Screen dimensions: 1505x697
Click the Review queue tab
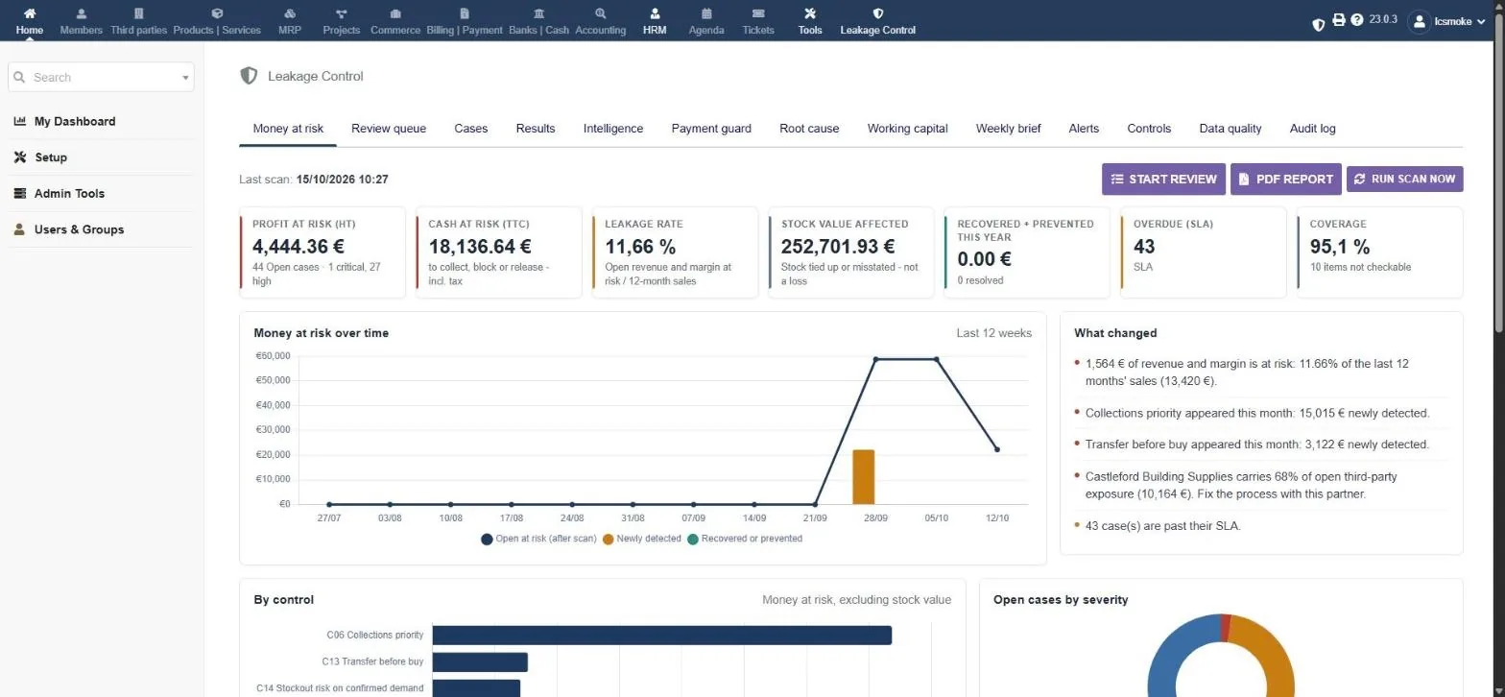pos(389,129)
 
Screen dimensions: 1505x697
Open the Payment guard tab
pos(711,129)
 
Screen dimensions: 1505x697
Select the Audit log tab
pos(1312,129)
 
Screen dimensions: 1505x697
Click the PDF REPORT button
pos(1285,179)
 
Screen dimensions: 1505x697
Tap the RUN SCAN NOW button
pos(1404,179)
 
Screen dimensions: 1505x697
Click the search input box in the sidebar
pos(101,78)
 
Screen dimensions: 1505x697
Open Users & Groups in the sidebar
pos(80,229)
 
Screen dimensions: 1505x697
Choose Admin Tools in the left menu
pos(69,194)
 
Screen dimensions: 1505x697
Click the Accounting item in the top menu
pos(600,21)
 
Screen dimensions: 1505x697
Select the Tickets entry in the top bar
pos(758,21)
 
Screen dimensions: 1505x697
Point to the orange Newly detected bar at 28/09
pos(864,476)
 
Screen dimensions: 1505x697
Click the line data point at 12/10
pos(997,449)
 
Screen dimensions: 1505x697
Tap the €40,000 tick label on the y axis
pos(273,404)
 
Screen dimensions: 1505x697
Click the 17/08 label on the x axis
pos(512,518)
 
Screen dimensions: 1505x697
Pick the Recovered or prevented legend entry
pos(745,539)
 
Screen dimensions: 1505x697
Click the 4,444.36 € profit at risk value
pos(299,247)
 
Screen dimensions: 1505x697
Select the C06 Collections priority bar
pos(662,636)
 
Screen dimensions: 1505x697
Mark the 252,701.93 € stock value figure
pos(837,247)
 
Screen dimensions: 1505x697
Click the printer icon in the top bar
pos(1338,20)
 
